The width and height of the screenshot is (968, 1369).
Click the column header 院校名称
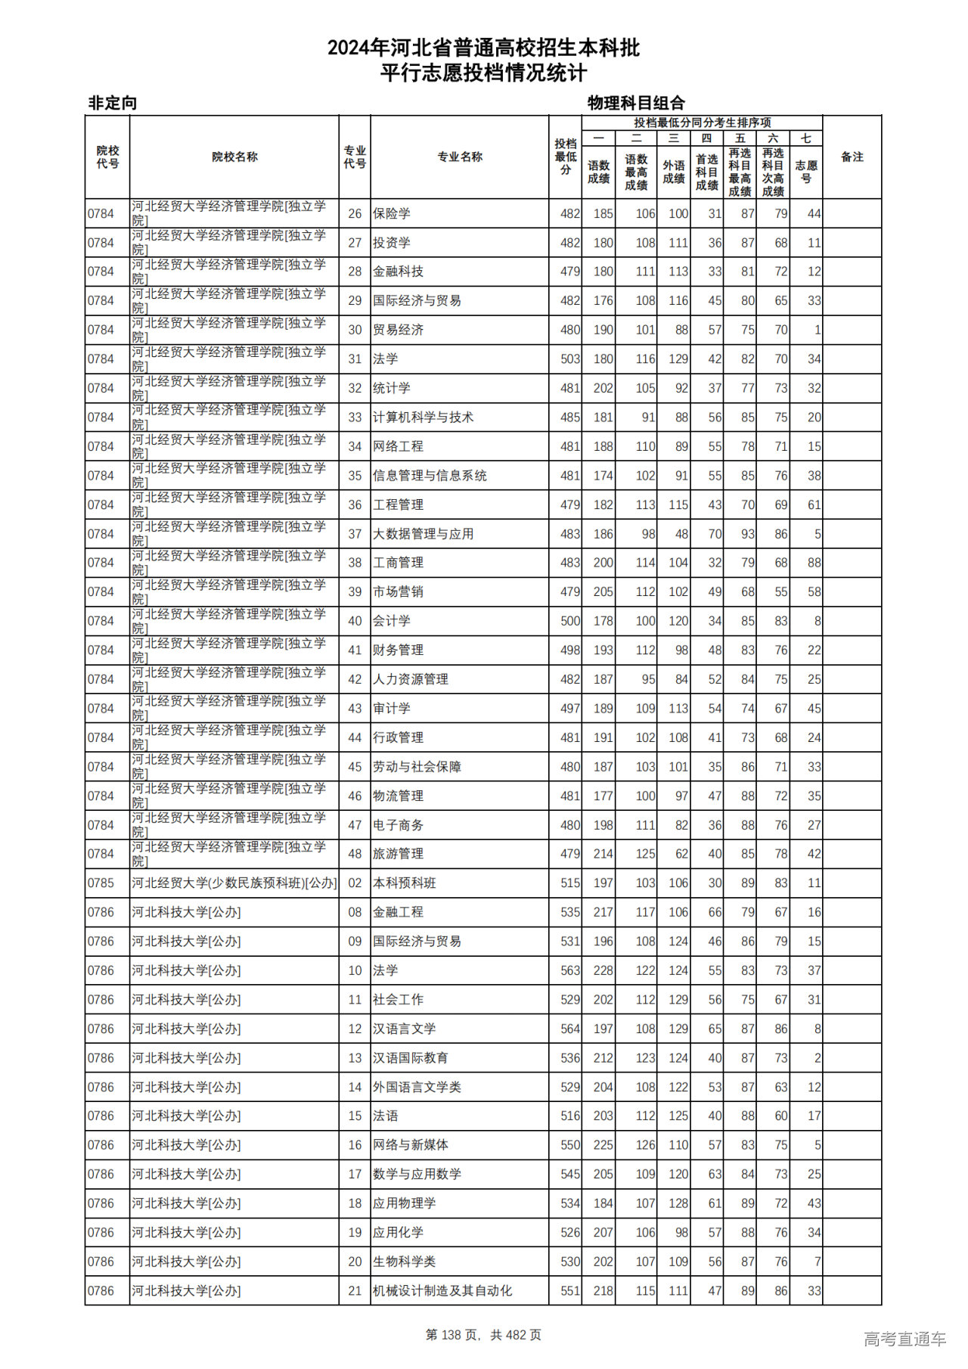point(234,157)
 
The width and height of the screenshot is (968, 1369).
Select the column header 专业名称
point(460,157)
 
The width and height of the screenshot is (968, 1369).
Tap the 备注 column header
point(852,157)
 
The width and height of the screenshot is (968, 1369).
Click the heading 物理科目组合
point(636,103)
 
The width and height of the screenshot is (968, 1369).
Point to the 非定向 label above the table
point(113,103)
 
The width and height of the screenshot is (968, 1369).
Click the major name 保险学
point(392,214)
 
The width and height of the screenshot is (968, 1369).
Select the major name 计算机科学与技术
point(423,418)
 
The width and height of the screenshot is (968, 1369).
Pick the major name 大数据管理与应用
point(423,534)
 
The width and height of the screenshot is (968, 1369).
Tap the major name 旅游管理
point(398,854)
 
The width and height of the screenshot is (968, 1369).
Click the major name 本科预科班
point(404,883)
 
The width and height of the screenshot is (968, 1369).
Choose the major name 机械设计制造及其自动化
point(442,1291)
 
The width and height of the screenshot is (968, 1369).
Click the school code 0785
point(101,883)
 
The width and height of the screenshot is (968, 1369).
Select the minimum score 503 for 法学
point(570,359)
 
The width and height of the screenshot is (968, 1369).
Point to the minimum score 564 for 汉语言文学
point(570,1029)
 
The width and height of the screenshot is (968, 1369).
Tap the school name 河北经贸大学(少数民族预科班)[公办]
point(234,883)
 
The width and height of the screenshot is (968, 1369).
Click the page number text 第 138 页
point(454,1335)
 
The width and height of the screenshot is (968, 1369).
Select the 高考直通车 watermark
point(904,1339)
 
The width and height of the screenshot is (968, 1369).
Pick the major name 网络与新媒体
point(410,1145)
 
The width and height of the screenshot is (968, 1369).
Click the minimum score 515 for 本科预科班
point(570,883)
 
